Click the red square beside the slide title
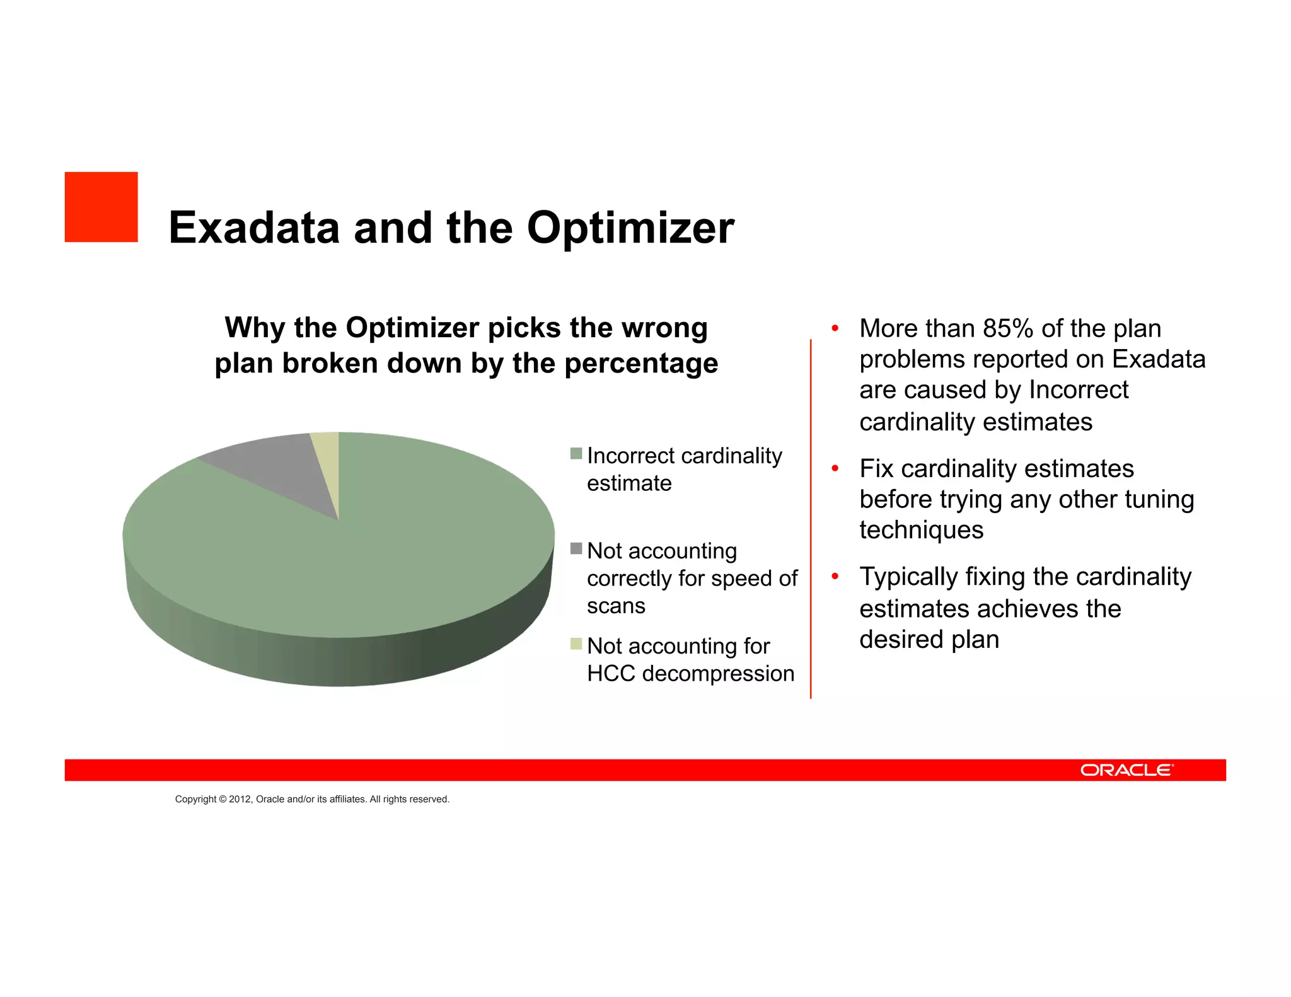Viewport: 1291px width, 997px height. tap(101, 207)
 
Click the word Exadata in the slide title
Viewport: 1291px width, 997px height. tap(254, 228)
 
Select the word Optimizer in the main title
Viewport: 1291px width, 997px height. tap(630, 228)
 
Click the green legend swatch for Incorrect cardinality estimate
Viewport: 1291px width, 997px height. tap(576, 453)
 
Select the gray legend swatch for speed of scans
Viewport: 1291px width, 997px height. tap(576, 548)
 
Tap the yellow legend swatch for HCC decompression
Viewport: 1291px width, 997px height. tap(576, 643)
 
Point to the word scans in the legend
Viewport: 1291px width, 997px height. tap(616, 606)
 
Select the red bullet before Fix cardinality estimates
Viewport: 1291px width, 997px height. tap(835, 468)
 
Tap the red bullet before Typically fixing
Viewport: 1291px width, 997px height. tap(835, 576)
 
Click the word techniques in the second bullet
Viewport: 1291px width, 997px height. tap(921, 531)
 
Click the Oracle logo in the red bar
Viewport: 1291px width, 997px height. tap(1126, 770)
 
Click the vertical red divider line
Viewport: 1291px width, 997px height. tap(811, 517)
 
